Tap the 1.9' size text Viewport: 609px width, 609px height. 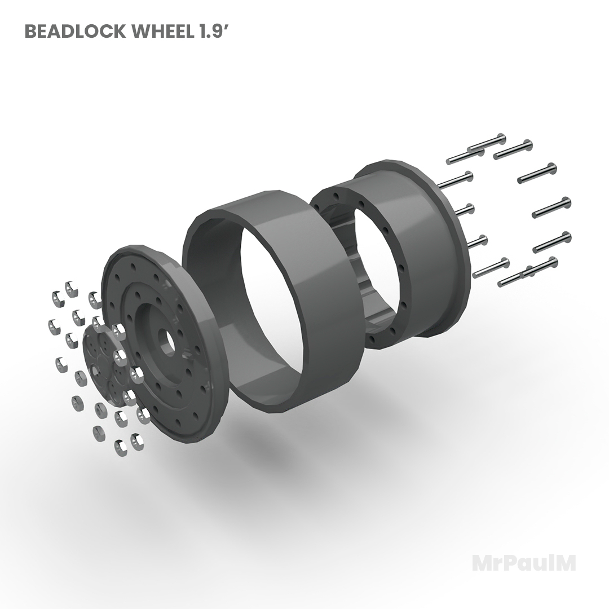coord(213,32)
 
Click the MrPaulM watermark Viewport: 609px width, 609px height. coord(523,562)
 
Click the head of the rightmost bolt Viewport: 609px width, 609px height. coord(566,202)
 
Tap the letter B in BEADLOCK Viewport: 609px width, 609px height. coord(31,32)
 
